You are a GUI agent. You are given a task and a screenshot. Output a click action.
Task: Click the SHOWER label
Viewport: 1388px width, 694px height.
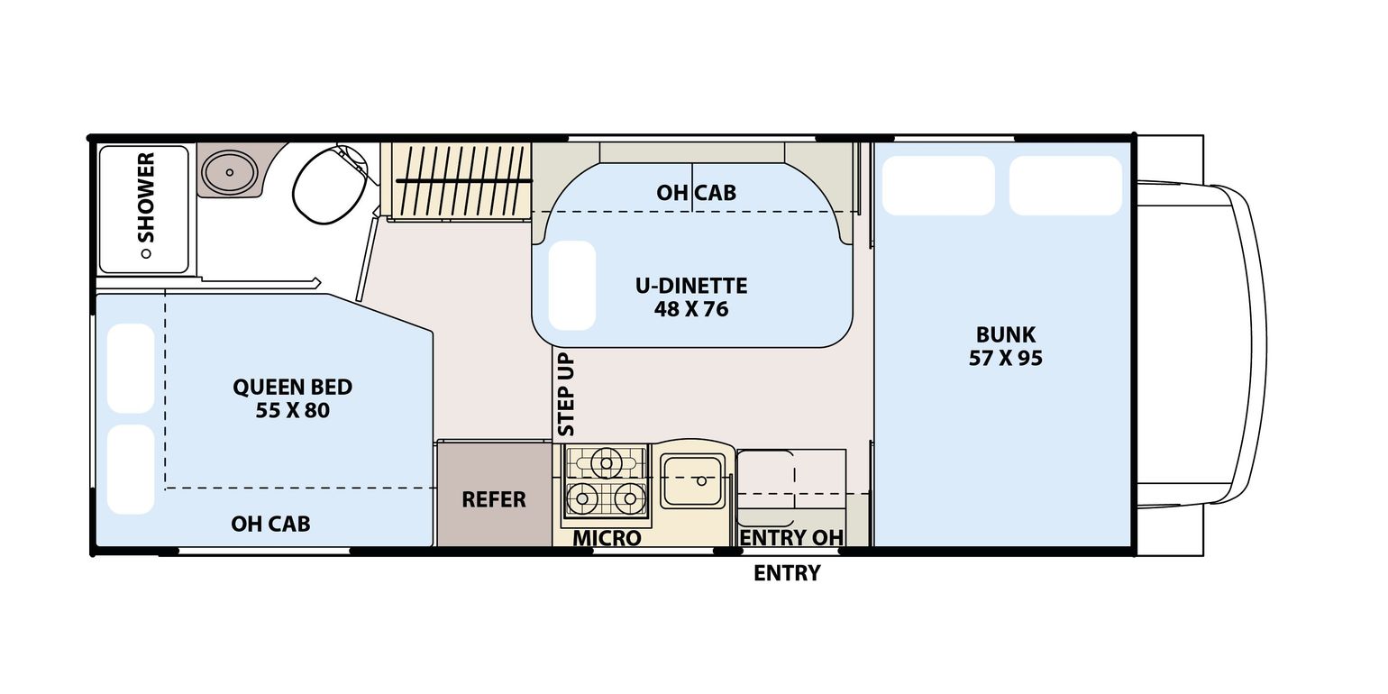[145, 197]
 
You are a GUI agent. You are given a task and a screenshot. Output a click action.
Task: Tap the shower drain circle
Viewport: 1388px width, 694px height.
[144, 254]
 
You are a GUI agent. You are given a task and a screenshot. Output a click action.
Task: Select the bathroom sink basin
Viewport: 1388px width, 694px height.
[229, 171]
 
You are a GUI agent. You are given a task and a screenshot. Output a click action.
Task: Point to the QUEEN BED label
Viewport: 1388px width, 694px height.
[292, 387]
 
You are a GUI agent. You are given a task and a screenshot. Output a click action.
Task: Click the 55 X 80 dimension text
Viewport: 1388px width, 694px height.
[292, 411]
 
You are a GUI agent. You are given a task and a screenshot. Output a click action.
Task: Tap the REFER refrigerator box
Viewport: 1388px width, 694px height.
[494, 498]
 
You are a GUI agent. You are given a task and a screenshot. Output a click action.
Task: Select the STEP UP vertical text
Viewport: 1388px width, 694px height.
[566, 395]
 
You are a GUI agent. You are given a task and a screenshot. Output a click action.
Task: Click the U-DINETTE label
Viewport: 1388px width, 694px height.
[690, 286]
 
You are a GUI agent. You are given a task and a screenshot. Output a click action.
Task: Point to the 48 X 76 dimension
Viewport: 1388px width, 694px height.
[690, 309]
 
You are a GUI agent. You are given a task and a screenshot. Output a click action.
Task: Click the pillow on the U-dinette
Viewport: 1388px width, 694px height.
[572, 286]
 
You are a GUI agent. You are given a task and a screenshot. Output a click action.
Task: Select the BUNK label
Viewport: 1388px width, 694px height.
[1005, 335]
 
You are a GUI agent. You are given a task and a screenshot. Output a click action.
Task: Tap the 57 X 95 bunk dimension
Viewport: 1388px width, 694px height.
[1005, 358]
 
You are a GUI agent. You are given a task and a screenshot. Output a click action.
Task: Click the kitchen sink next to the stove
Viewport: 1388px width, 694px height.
[692, 480]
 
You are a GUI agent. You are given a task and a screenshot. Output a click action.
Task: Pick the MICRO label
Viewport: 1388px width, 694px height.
[607, 538]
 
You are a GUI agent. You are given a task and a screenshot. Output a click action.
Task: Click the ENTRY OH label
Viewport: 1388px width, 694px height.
[791, 538]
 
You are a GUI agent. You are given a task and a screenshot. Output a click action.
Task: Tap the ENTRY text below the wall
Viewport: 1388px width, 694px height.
[787, 573]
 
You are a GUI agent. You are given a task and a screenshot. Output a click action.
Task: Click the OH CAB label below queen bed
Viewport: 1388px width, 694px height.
[270, 524]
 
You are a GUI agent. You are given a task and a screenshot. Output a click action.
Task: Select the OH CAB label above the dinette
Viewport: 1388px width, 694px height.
[696, 192]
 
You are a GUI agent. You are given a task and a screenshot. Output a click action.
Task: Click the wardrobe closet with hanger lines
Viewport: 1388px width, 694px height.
[458, 180]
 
